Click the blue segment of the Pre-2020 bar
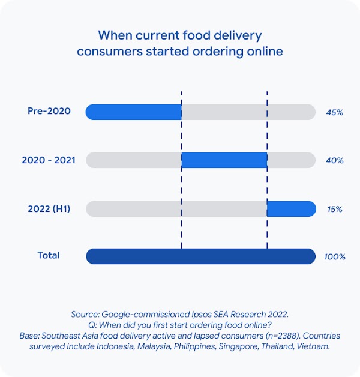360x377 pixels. click(x=133, y=112)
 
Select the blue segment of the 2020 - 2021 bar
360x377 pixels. click(x=224, y=160)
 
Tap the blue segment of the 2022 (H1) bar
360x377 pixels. click(x=291, y=209)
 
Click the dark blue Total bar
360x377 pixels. click(x=200, y=256)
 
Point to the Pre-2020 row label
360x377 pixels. click(x=49, y=111)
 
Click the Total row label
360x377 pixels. click(x=49, y=255)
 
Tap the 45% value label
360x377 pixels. click(x=334, y=112)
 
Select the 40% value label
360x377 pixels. click(x=334, y=161)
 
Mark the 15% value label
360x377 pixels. click(x=334, y=210)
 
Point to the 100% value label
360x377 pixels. click(x=335, y=257)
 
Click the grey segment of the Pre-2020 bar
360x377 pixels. click(x=248, y=112)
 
